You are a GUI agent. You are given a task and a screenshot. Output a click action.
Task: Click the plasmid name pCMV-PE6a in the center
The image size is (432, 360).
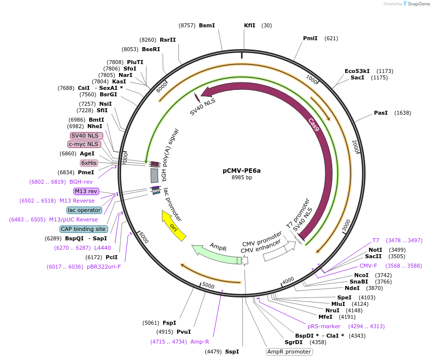(242, 170)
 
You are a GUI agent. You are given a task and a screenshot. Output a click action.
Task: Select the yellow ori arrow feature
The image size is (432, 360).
(174, 226)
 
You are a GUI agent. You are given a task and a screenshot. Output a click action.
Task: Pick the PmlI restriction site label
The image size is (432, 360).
(310, 38)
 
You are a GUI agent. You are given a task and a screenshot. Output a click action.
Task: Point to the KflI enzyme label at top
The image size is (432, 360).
(249, 25)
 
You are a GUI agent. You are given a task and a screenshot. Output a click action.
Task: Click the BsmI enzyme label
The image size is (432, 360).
(207, 25)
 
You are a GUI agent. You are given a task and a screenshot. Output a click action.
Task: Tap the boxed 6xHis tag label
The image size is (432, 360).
(89, 163)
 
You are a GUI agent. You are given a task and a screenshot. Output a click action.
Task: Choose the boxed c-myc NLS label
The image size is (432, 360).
(84, 144)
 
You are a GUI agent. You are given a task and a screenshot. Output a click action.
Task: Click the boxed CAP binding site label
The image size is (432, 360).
(83, 229)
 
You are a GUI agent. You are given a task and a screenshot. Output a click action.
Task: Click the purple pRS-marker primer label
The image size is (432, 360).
(324, 326)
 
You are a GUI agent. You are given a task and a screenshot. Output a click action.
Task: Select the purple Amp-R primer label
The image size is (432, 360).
(200, 342)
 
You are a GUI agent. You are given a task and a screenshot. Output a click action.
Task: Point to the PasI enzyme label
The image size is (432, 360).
(381, 113)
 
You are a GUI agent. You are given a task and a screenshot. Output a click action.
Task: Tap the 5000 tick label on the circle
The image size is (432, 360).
(208, 286)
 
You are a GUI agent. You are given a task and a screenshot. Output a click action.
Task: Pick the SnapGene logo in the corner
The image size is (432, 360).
(416, 4)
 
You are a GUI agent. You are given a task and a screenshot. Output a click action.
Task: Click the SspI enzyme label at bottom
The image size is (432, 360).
(232, 352)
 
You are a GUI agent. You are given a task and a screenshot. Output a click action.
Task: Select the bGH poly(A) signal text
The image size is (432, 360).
(169, 147)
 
